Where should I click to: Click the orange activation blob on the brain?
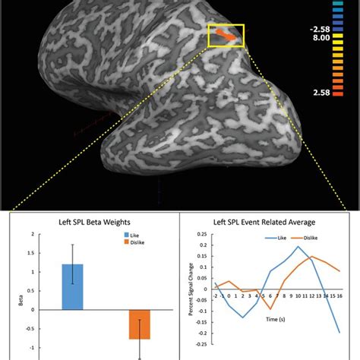226,34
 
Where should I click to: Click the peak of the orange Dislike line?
311,257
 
